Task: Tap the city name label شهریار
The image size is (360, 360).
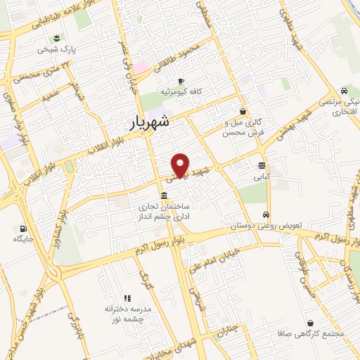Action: pyautogui.click(x=150, y=122)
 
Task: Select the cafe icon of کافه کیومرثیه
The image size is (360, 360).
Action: pyautogui.click(x=181, y=81)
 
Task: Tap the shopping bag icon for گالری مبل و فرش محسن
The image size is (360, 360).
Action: pyautogui.click(x=243, y=110)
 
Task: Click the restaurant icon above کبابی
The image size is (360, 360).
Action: pyautogui.click(x=262, y=166)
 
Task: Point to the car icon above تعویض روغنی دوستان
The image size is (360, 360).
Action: pyautogui.click(x=265, y=215)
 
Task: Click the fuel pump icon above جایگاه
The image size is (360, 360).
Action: pyautogui.click(x=24, y=228)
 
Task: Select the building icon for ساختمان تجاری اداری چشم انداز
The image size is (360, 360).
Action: pyautogui.click(x=164, y=195)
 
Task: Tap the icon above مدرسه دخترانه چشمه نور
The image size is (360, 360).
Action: pyautogui.click(x=127, y=298)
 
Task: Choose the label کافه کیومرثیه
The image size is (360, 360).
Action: pyautogui.click(x=179, y=92)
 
